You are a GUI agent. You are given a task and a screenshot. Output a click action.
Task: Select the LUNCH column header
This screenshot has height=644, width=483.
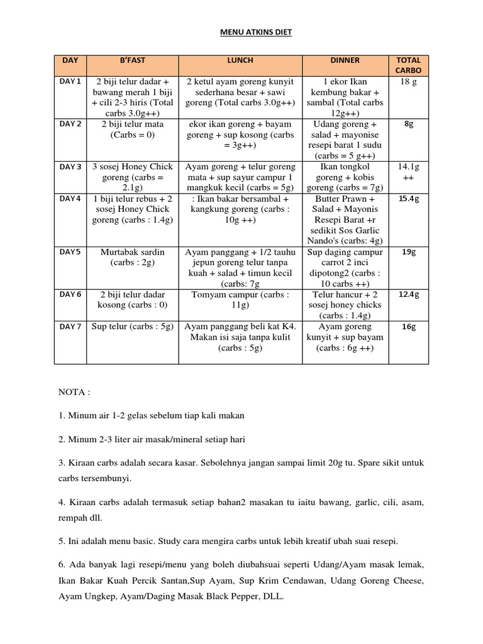click(240, 60)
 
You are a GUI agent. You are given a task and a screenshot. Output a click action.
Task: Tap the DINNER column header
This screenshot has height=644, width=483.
click(345, 60)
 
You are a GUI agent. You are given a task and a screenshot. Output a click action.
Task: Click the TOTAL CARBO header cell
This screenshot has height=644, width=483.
click(409, 65)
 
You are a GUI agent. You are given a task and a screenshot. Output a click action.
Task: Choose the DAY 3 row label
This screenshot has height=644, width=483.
click(70, 167)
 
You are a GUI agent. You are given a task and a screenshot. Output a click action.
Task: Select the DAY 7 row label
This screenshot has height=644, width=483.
click(70, 326)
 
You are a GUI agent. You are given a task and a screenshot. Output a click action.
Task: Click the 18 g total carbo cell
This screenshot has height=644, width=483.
click(409, 82)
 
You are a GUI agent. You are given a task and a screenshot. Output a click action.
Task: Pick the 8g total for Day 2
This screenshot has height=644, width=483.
click(409, 125)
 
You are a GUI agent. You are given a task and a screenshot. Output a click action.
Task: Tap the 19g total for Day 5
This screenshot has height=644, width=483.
click(409, 252)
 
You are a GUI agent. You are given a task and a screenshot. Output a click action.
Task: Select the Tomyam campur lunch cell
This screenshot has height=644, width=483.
click(240, 299)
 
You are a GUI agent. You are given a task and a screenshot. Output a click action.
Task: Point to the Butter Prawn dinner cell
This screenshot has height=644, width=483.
click(345, 219)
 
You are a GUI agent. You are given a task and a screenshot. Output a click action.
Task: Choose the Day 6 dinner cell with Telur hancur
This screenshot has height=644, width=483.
click(345, 304)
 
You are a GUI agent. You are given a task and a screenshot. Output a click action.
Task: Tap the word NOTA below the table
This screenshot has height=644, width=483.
click(75, 392)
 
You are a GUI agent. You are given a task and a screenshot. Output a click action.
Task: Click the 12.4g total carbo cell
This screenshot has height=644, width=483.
click(409, 294)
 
